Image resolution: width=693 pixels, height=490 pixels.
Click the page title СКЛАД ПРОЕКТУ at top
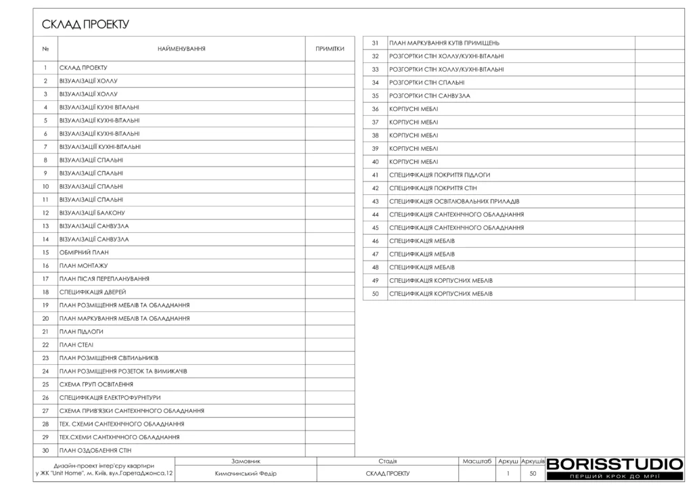[85, 25]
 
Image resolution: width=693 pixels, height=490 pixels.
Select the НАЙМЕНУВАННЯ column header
[181, 49]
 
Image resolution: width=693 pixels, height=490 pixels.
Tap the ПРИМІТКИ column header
[330, 49]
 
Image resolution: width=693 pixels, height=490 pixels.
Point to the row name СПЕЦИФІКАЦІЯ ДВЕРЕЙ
[93, 292]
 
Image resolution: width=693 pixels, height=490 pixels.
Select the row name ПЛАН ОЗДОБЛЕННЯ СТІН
[95, 450]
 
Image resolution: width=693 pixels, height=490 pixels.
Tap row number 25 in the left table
[45, 384]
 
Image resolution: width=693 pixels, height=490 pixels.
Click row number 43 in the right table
[375, 201]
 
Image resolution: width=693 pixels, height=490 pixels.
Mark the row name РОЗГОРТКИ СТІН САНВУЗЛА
[430, 96]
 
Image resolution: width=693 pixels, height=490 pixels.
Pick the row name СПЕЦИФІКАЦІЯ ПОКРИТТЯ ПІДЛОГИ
[440, 175]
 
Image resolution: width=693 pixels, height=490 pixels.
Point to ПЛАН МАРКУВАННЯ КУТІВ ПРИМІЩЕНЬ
[445, 43]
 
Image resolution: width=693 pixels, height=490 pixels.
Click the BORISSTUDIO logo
[614, 464]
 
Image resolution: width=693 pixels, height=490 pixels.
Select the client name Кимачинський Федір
[246, 474]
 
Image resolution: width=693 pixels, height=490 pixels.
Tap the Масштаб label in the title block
[476, 460]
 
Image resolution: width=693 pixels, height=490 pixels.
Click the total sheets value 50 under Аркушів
[533, 474]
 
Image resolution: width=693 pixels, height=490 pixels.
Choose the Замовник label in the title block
[246, 460]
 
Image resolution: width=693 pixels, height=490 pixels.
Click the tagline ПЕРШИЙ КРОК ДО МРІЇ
[614, 477]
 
